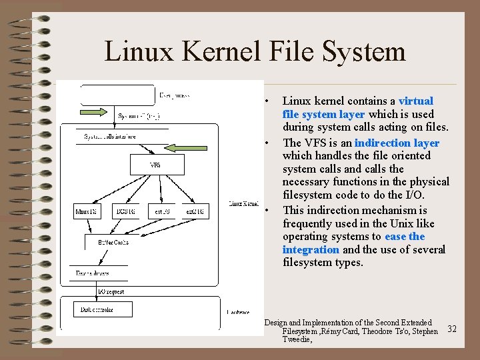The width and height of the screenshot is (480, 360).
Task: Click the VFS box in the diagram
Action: [x=155, y=164]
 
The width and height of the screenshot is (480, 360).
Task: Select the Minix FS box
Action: [x=85, y=212]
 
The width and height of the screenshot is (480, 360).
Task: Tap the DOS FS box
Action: [x=125, y=212]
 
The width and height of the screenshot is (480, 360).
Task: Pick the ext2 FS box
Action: [x=195, y=212]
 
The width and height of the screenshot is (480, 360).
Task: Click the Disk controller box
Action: [x=97, y=310]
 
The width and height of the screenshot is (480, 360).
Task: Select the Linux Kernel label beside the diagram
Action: [x=243, y=203]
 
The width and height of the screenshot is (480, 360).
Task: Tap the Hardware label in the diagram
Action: [x=238, y=311]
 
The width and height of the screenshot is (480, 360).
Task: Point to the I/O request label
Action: [x=111, y=291]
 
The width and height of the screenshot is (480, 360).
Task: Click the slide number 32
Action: [x=451, y=329]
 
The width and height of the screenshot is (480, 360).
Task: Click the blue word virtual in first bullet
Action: [x=415, y=101]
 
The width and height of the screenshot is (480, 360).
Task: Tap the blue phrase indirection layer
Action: [x=397, y=143]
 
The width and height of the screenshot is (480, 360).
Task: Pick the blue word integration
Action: [x=311, y=249]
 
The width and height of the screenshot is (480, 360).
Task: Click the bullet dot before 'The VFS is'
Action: [x=266, y=143]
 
